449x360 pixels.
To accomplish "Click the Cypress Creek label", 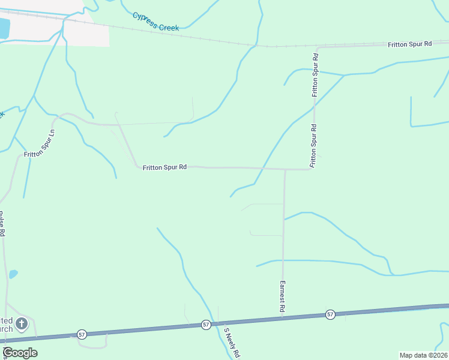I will coord(155,22).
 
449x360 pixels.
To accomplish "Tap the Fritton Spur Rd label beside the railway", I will coord(410,44).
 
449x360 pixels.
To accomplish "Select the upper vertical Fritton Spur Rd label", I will coord(315,75).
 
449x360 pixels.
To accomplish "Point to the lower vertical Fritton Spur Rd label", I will coord(313,146).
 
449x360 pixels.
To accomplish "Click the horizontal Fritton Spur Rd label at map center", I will coord(164,168).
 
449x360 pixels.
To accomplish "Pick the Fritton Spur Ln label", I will coord(40,144).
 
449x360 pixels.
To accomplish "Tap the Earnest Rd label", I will coord(281,295).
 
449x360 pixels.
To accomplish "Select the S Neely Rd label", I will coord(232,343).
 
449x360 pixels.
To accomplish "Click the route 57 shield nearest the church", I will coord(82,334).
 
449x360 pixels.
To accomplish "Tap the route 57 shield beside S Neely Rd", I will coord(206,325).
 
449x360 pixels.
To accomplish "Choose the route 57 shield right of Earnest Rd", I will coord(330,314).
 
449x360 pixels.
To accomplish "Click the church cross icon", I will coord(21,325).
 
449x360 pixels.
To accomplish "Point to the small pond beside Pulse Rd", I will coord(13,274).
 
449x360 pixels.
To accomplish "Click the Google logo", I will coord(20,352).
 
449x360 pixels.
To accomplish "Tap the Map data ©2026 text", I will coord(423,355).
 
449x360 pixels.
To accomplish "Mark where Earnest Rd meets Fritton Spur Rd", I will coord(285,169).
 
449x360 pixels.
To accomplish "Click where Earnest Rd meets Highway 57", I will coord(282,318).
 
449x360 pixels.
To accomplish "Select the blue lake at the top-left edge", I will coord(4,28).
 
